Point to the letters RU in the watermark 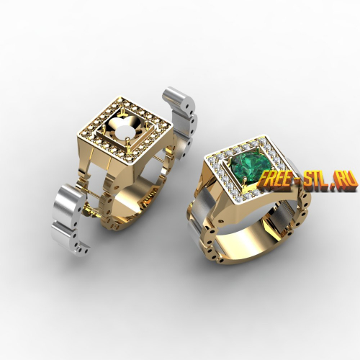point(348,179)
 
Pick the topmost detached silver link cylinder point(179,99)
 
